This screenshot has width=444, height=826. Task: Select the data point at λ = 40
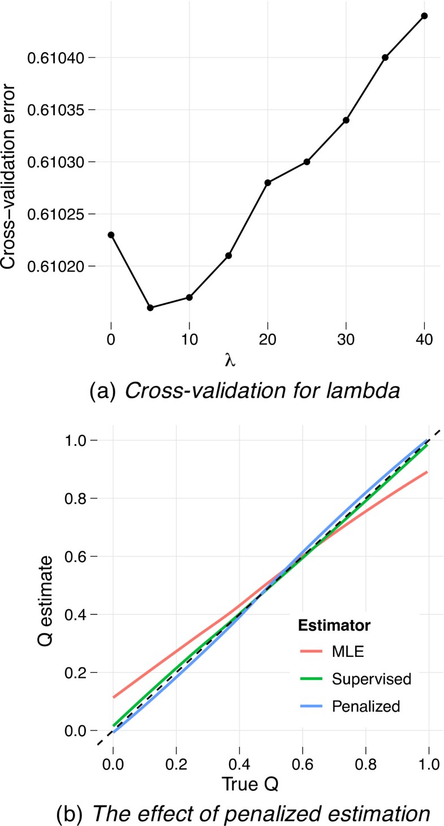tap(424, 15)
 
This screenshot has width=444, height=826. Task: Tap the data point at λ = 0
tap(111, 235)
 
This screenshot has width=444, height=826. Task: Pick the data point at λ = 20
tap(268, 182)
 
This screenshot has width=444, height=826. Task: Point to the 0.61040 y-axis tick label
tap(58, 58)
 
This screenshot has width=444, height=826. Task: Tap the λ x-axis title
tap(229, 360)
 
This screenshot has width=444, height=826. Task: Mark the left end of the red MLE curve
tap(113, 697)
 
